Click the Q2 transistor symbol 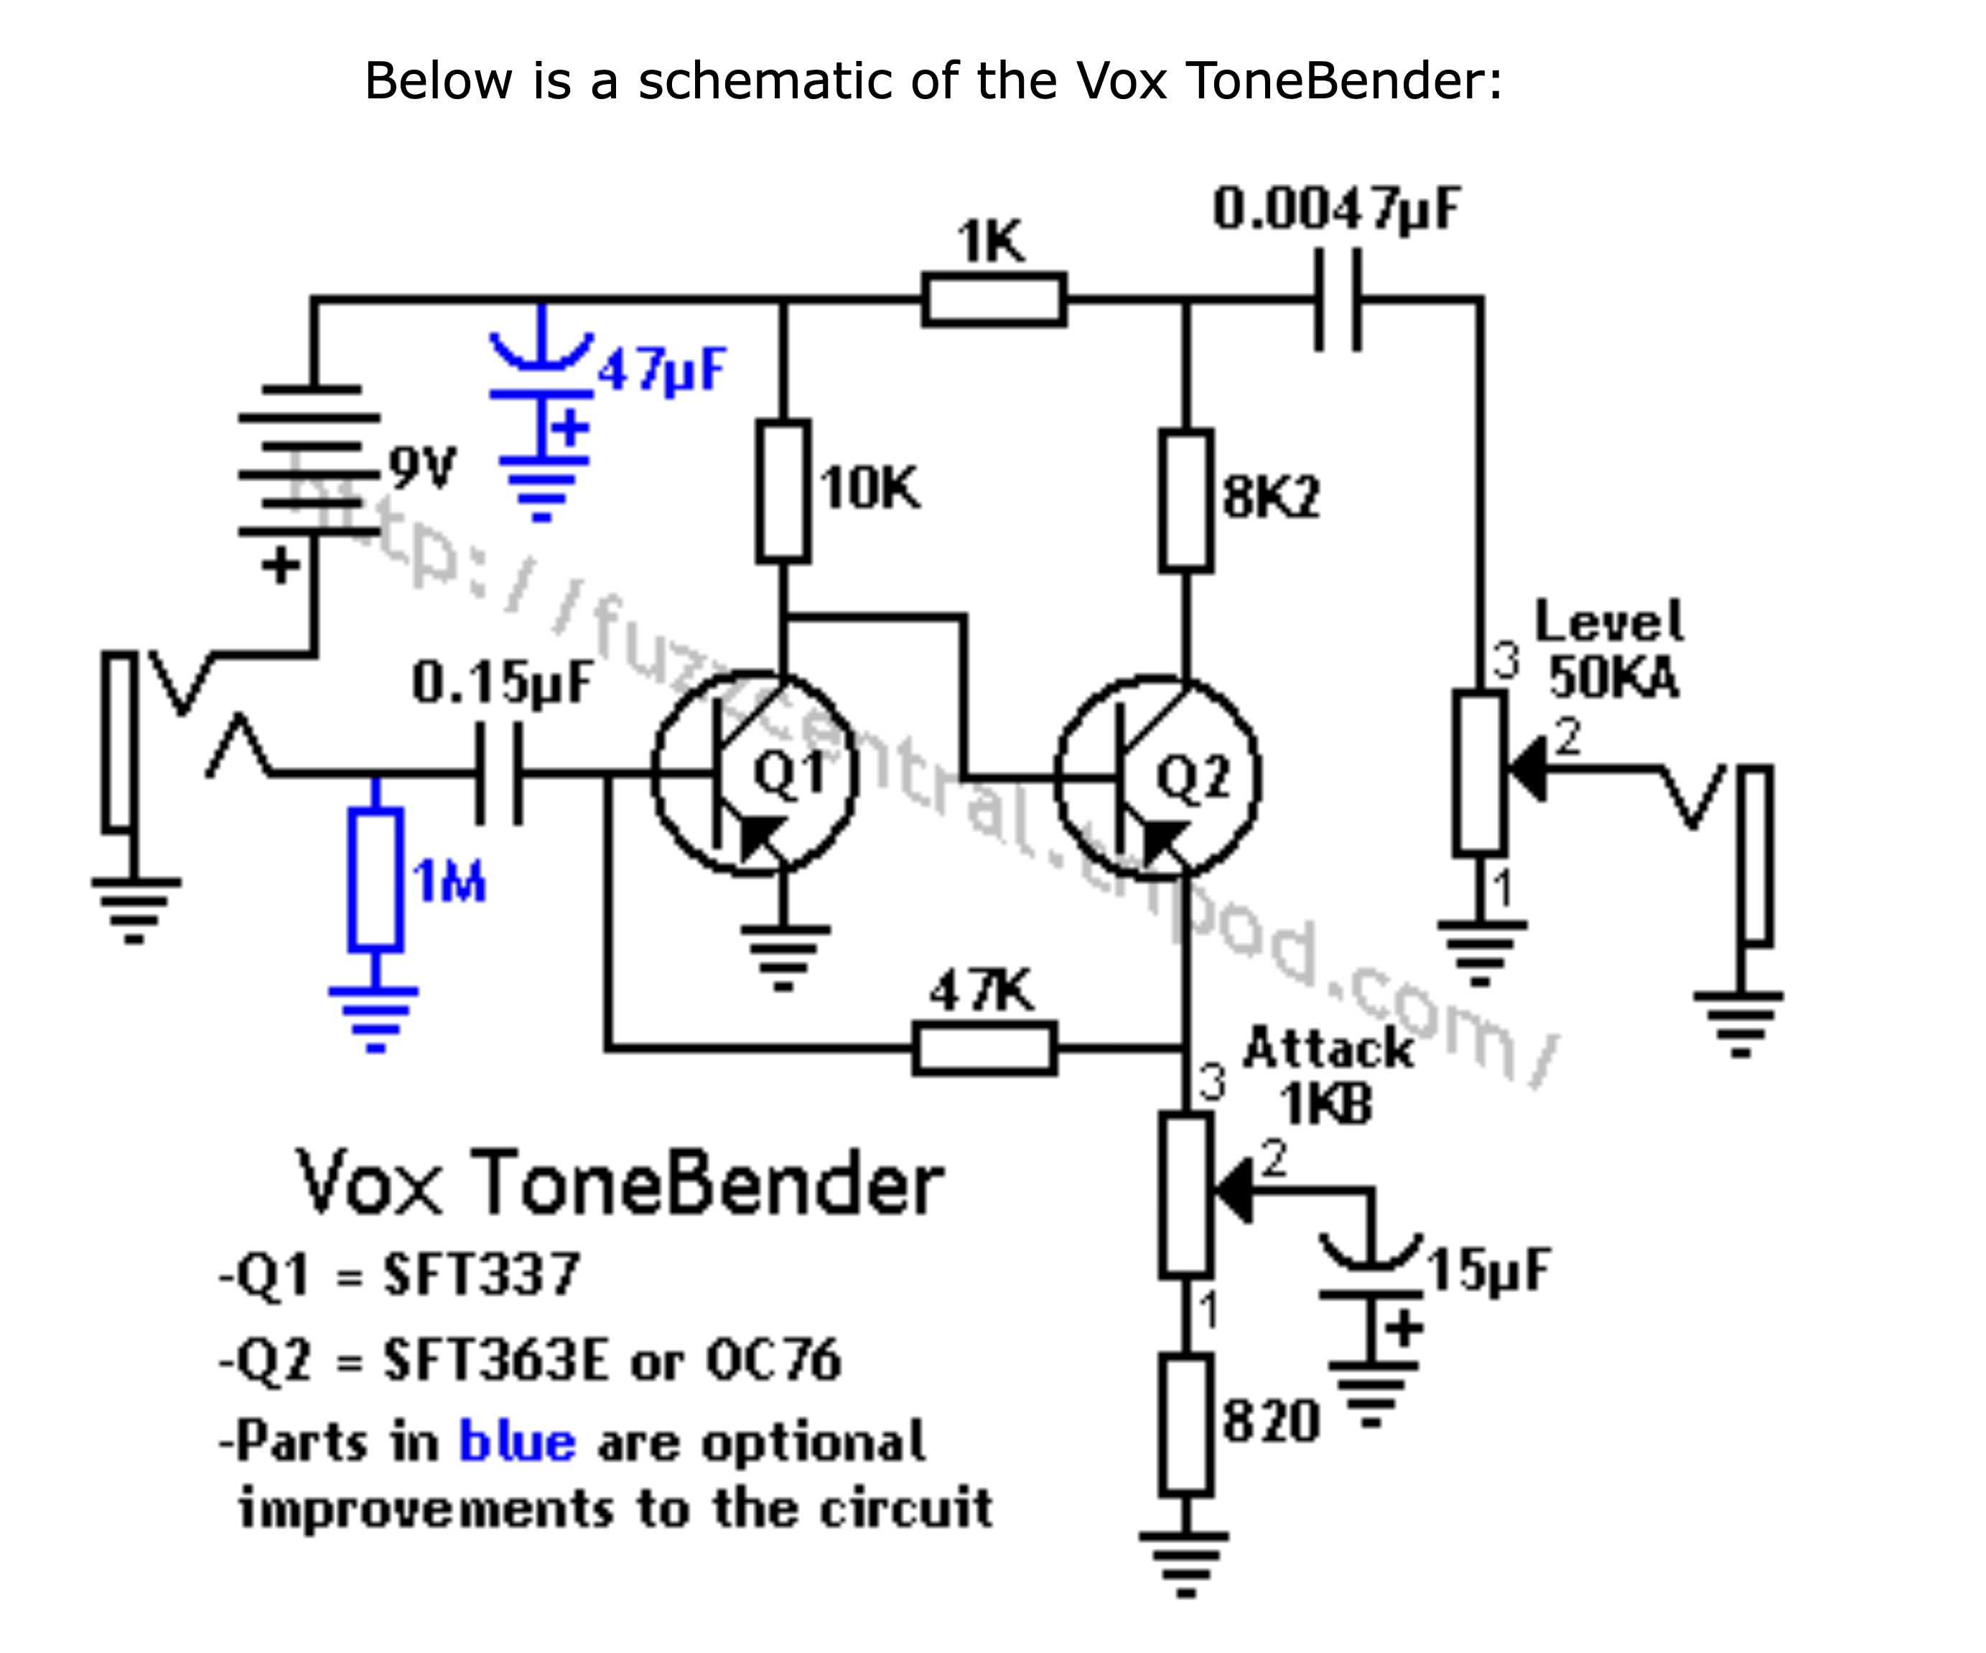tap(1157, 778)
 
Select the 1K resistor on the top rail tap(994, 299)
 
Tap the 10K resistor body tap(783, 490)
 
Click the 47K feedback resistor tap(984, 1048)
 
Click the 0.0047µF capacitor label tap(1336, 209)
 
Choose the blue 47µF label tap(661, 371)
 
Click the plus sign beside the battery tap(280, 567)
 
